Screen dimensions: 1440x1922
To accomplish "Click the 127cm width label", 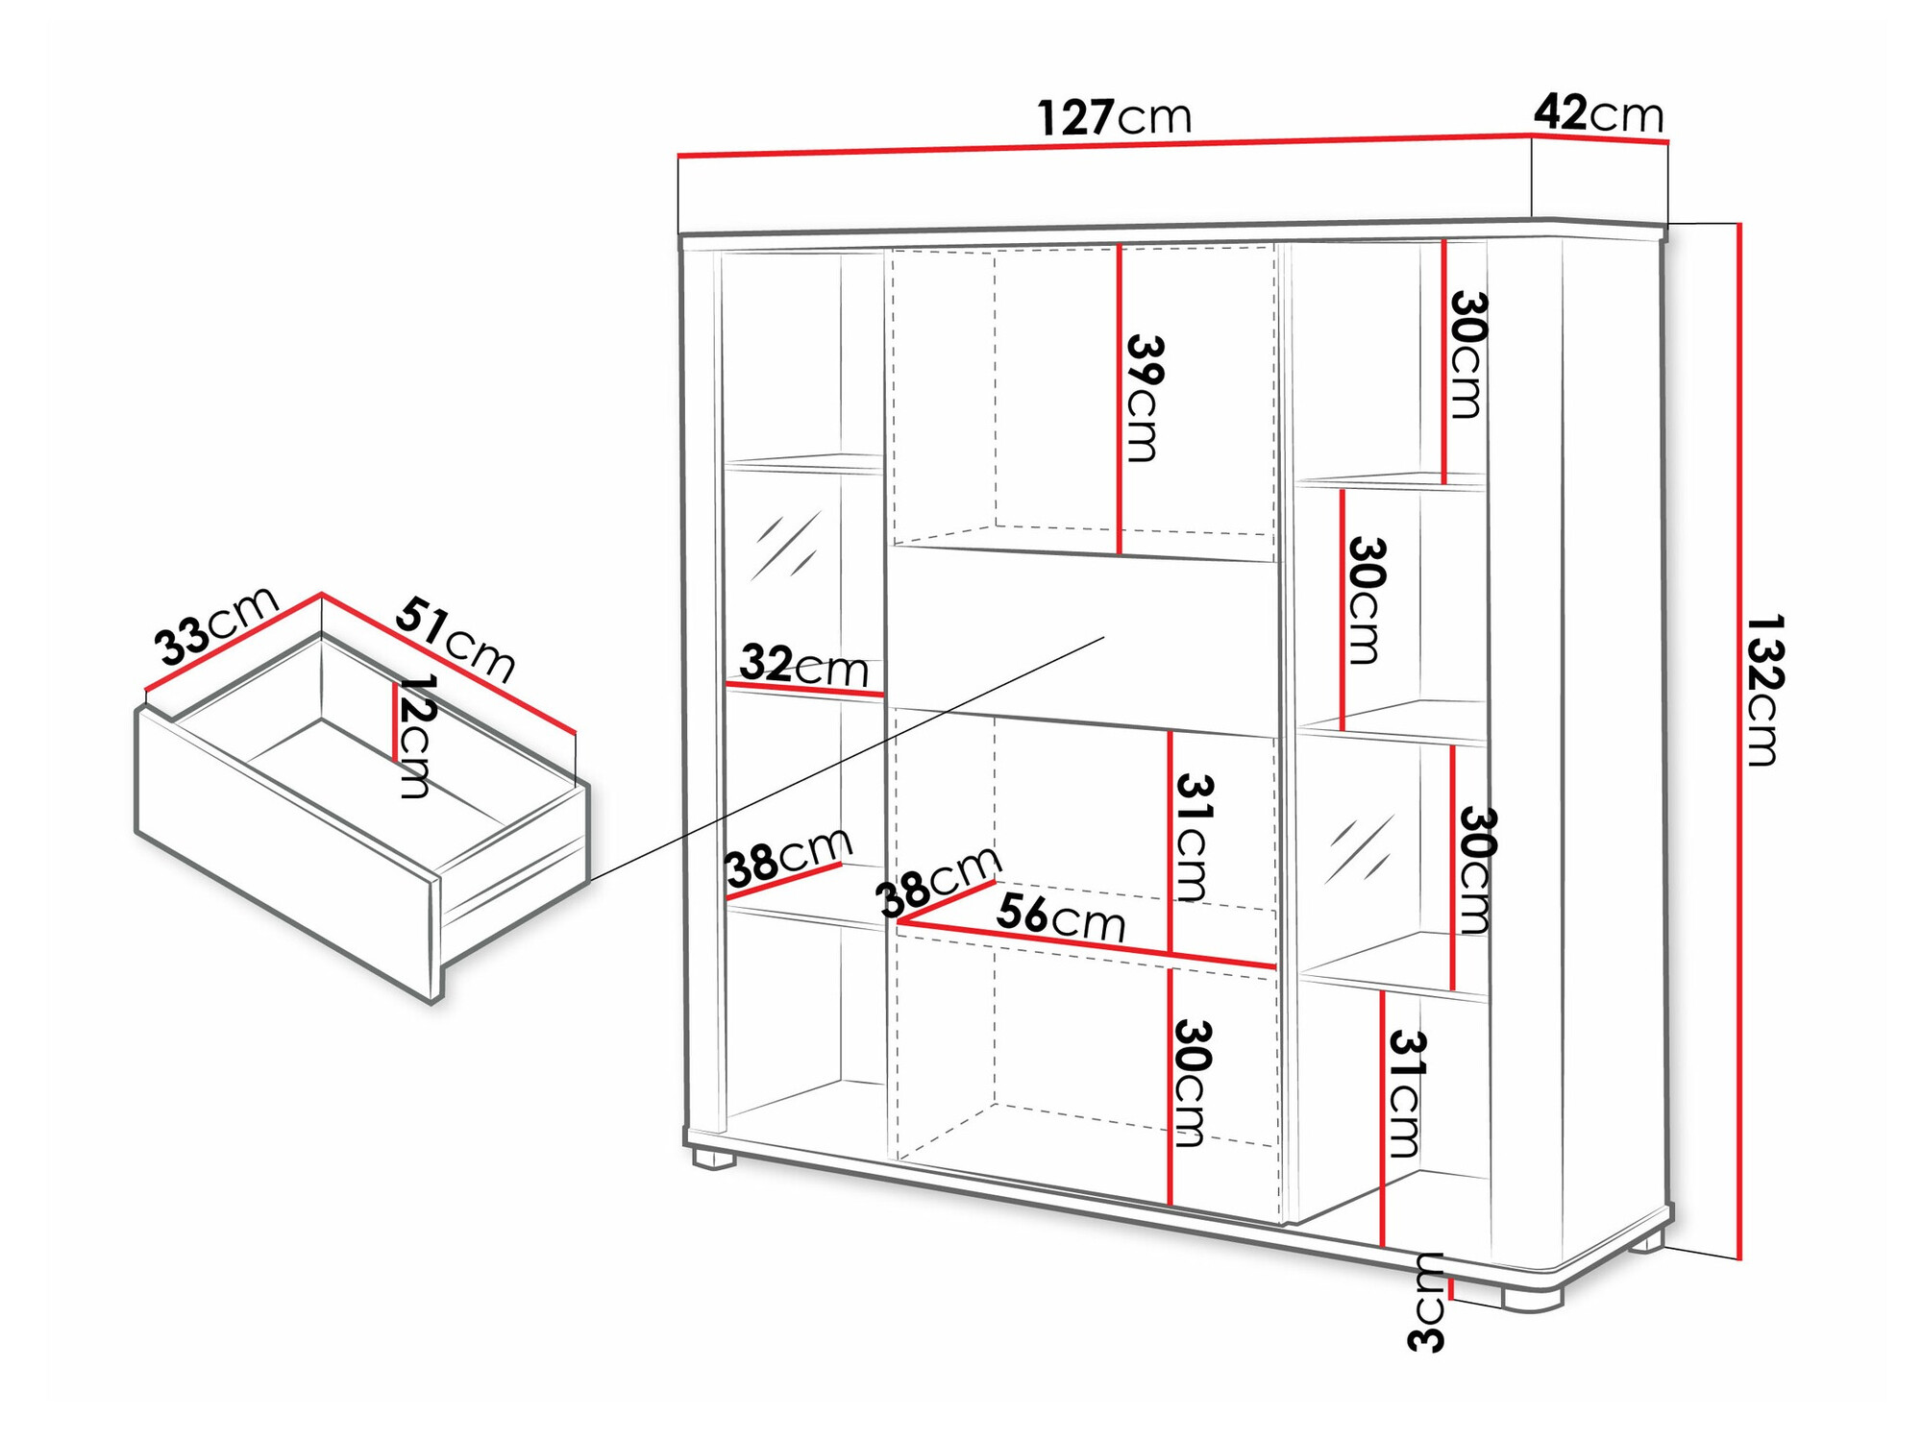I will point(1115,117).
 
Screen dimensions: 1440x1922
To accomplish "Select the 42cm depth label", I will point(1598,113).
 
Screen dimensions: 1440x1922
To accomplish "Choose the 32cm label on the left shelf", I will point(803,665).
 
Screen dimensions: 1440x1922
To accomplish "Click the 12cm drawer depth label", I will point(416,736).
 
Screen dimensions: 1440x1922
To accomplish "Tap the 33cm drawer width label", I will point(216,625).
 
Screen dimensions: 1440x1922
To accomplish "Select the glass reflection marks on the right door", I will point(1359,848).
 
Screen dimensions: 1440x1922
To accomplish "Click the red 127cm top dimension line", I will point(1105,146).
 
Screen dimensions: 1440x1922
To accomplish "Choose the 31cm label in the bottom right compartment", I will point(1405,1093).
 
